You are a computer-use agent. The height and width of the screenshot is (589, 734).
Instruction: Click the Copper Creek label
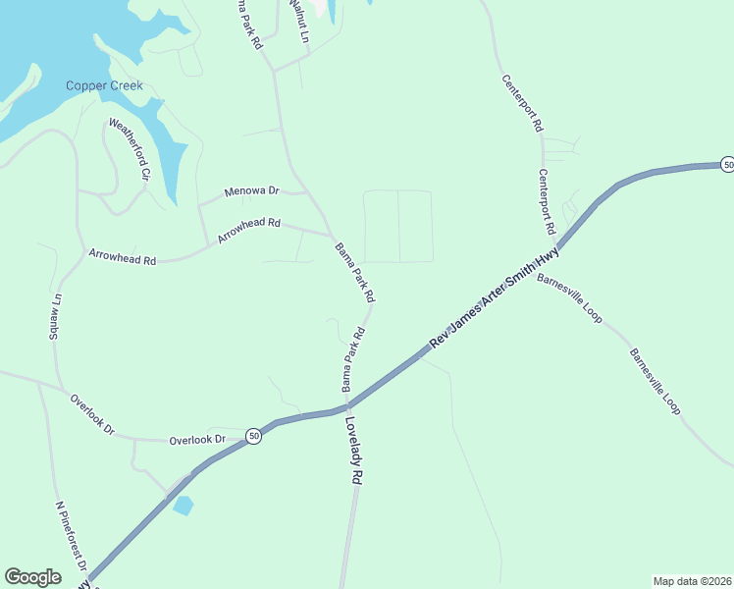104,85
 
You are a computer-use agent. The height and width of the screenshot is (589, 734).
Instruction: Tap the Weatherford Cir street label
129,149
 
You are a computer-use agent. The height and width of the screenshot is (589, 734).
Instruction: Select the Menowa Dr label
252,190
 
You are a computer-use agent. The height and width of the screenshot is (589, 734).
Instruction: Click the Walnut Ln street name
298,22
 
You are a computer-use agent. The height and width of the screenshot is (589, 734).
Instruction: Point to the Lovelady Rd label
354,451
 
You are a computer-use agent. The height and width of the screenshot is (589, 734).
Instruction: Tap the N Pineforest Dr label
72,539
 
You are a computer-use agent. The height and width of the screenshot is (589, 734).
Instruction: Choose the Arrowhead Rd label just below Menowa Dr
248,231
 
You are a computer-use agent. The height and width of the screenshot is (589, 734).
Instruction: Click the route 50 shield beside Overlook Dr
253,436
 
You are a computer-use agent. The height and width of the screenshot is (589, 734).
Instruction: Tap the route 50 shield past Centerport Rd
726,165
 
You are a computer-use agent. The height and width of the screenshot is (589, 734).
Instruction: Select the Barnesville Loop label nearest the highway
569,297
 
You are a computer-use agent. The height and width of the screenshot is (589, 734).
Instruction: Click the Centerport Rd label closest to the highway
547,201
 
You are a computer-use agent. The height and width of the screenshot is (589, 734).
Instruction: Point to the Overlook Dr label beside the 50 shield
198,440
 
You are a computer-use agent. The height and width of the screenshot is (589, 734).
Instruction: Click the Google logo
32,577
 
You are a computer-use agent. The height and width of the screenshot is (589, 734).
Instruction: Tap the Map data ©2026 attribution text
691,581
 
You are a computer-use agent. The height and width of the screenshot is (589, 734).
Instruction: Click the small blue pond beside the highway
183,506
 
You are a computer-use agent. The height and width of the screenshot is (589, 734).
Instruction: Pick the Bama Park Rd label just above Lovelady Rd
353,360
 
